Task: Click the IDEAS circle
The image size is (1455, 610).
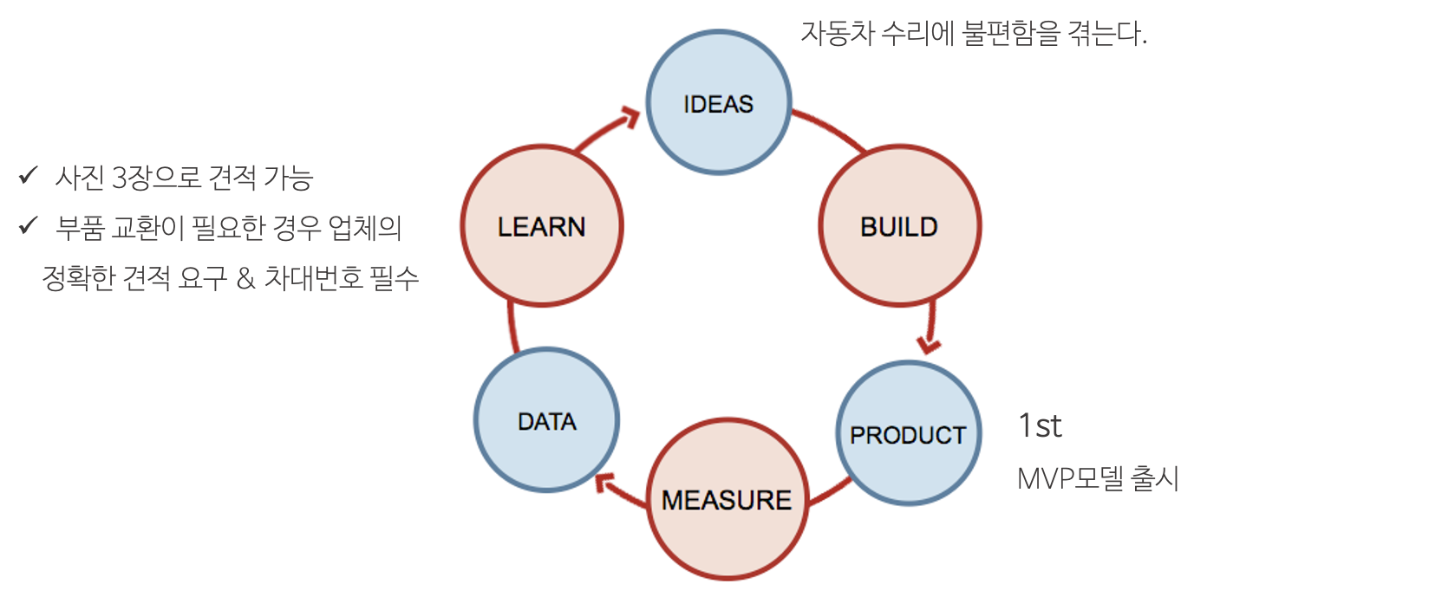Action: pos(719,102)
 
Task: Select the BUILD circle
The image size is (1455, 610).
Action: pos(899,225)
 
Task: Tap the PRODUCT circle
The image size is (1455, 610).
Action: pos(908,433)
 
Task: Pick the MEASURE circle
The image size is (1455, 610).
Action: pos(727,499)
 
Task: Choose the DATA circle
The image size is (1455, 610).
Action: pos(546,420)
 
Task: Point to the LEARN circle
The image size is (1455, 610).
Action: pos(541,225)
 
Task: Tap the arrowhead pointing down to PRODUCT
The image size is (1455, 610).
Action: pos(929,345)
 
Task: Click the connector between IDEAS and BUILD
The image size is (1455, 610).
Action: pos(830,130)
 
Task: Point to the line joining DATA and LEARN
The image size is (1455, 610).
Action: pos(512,328)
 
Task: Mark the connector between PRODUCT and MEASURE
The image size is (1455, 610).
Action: pos(830,491)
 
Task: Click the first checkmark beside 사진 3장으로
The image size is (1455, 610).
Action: pos(28,176)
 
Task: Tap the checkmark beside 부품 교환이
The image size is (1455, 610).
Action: pos(28,226)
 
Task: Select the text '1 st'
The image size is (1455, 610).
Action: pos(1041,426)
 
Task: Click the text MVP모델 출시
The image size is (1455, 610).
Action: pos(1098,478)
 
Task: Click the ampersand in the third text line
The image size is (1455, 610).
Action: pos(245,278)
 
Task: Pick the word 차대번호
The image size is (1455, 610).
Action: pos(313,278)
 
